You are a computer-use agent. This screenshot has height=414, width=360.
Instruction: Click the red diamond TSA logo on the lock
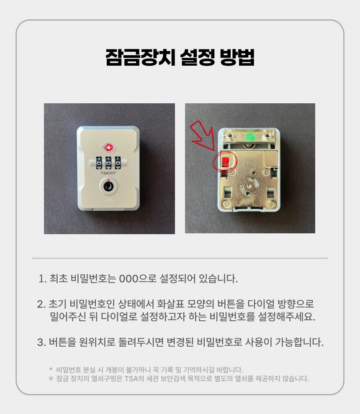coord(108,148)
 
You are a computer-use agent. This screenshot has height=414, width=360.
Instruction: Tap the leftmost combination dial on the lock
coord(99,163)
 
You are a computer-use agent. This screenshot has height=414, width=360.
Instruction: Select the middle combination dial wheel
coord(108,163)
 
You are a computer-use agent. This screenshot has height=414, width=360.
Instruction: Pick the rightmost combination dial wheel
coord(118,163)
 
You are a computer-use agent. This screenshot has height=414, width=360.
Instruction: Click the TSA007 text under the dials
coord(108,173)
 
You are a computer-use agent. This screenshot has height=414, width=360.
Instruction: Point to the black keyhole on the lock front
coord(108,186)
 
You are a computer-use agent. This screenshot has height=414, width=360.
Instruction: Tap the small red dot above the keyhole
coord(108,180)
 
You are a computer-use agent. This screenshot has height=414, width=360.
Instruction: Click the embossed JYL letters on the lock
coord(109,199)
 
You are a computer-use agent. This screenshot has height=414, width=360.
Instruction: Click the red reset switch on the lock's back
coord(225,161)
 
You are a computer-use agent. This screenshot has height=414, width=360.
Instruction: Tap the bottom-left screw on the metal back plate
coord(226,204)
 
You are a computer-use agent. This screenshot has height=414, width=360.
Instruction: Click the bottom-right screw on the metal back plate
coord(271,204)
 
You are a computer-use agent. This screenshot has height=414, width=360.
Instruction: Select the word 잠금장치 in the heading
coord(140,57)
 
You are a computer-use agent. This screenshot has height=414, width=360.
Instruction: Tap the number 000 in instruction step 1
coord(129,279)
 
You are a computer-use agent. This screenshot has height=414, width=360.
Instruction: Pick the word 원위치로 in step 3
coord(97,342)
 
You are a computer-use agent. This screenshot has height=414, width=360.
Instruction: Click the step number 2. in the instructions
coord(41,304)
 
